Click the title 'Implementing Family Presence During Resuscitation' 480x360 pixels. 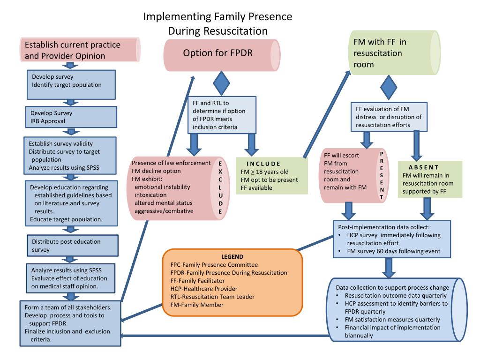[217, 24]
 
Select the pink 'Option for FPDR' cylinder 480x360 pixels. [217, 53]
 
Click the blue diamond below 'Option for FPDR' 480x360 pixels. [222, 83]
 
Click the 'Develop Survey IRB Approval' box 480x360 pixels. [71, 117]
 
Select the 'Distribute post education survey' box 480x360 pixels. [71, 246]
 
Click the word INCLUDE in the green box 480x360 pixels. [263, 164]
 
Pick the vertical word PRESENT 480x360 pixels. [382, 176]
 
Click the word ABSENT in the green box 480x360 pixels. [423, 167]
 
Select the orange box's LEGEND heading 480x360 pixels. [232, 257]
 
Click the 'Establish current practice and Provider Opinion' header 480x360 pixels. [72, 51]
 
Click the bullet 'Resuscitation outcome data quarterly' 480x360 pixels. [396, 296]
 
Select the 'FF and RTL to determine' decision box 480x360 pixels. [222, 115]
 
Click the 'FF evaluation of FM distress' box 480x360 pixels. [389, 117]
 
